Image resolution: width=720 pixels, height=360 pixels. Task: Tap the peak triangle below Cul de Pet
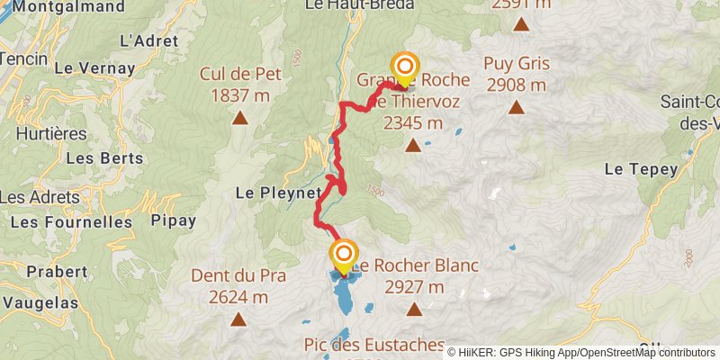tap(240, 117)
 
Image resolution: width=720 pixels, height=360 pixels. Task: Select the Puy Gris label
tap(516, 64)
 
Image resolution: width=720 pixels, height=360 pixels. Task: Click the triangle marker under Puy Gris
tap(517, 108)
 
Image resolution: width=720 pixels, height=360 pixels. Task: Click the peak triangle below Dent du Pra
tap(238, 319)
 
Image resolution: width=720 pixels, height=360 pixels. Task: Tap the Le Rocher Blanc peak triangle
tap(414, 310)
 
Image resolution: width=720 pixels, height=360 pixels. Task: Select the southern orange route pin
tap(343, 254)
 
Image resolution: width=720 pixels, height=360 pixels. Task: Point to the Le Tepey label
tap(634, 168)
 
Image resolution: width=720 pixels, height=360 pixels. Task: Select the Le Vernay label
tap(94, 67)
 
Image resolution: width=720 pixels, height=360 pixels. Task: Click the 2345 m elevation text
tap(413, 123)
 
